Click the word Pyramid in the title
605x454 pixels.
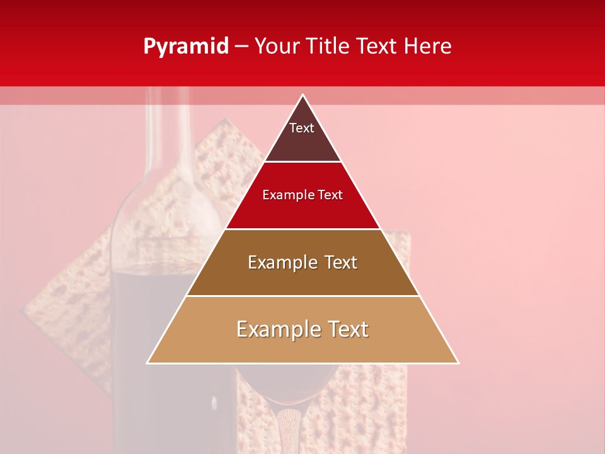pos(185,47)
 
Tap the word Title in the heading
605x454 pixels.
pos(326,47)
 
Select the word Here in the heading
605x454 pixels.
pos(428,47)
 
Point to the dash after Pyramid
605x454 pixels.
pos(241,47)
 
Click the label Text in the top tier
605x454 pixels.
pos(302,128)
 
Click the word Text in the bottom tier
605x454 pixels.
pos(345,329)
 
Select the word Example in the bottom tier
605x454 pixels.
pos(275,329)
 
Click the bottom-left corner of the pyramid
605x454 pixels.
pos(147,363)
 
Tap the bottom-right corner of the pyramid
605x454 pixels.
pos(458,363)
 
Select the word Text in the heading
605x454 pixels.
pos(373,47)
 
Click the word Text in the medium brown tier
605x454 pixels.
pos(335,262)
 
